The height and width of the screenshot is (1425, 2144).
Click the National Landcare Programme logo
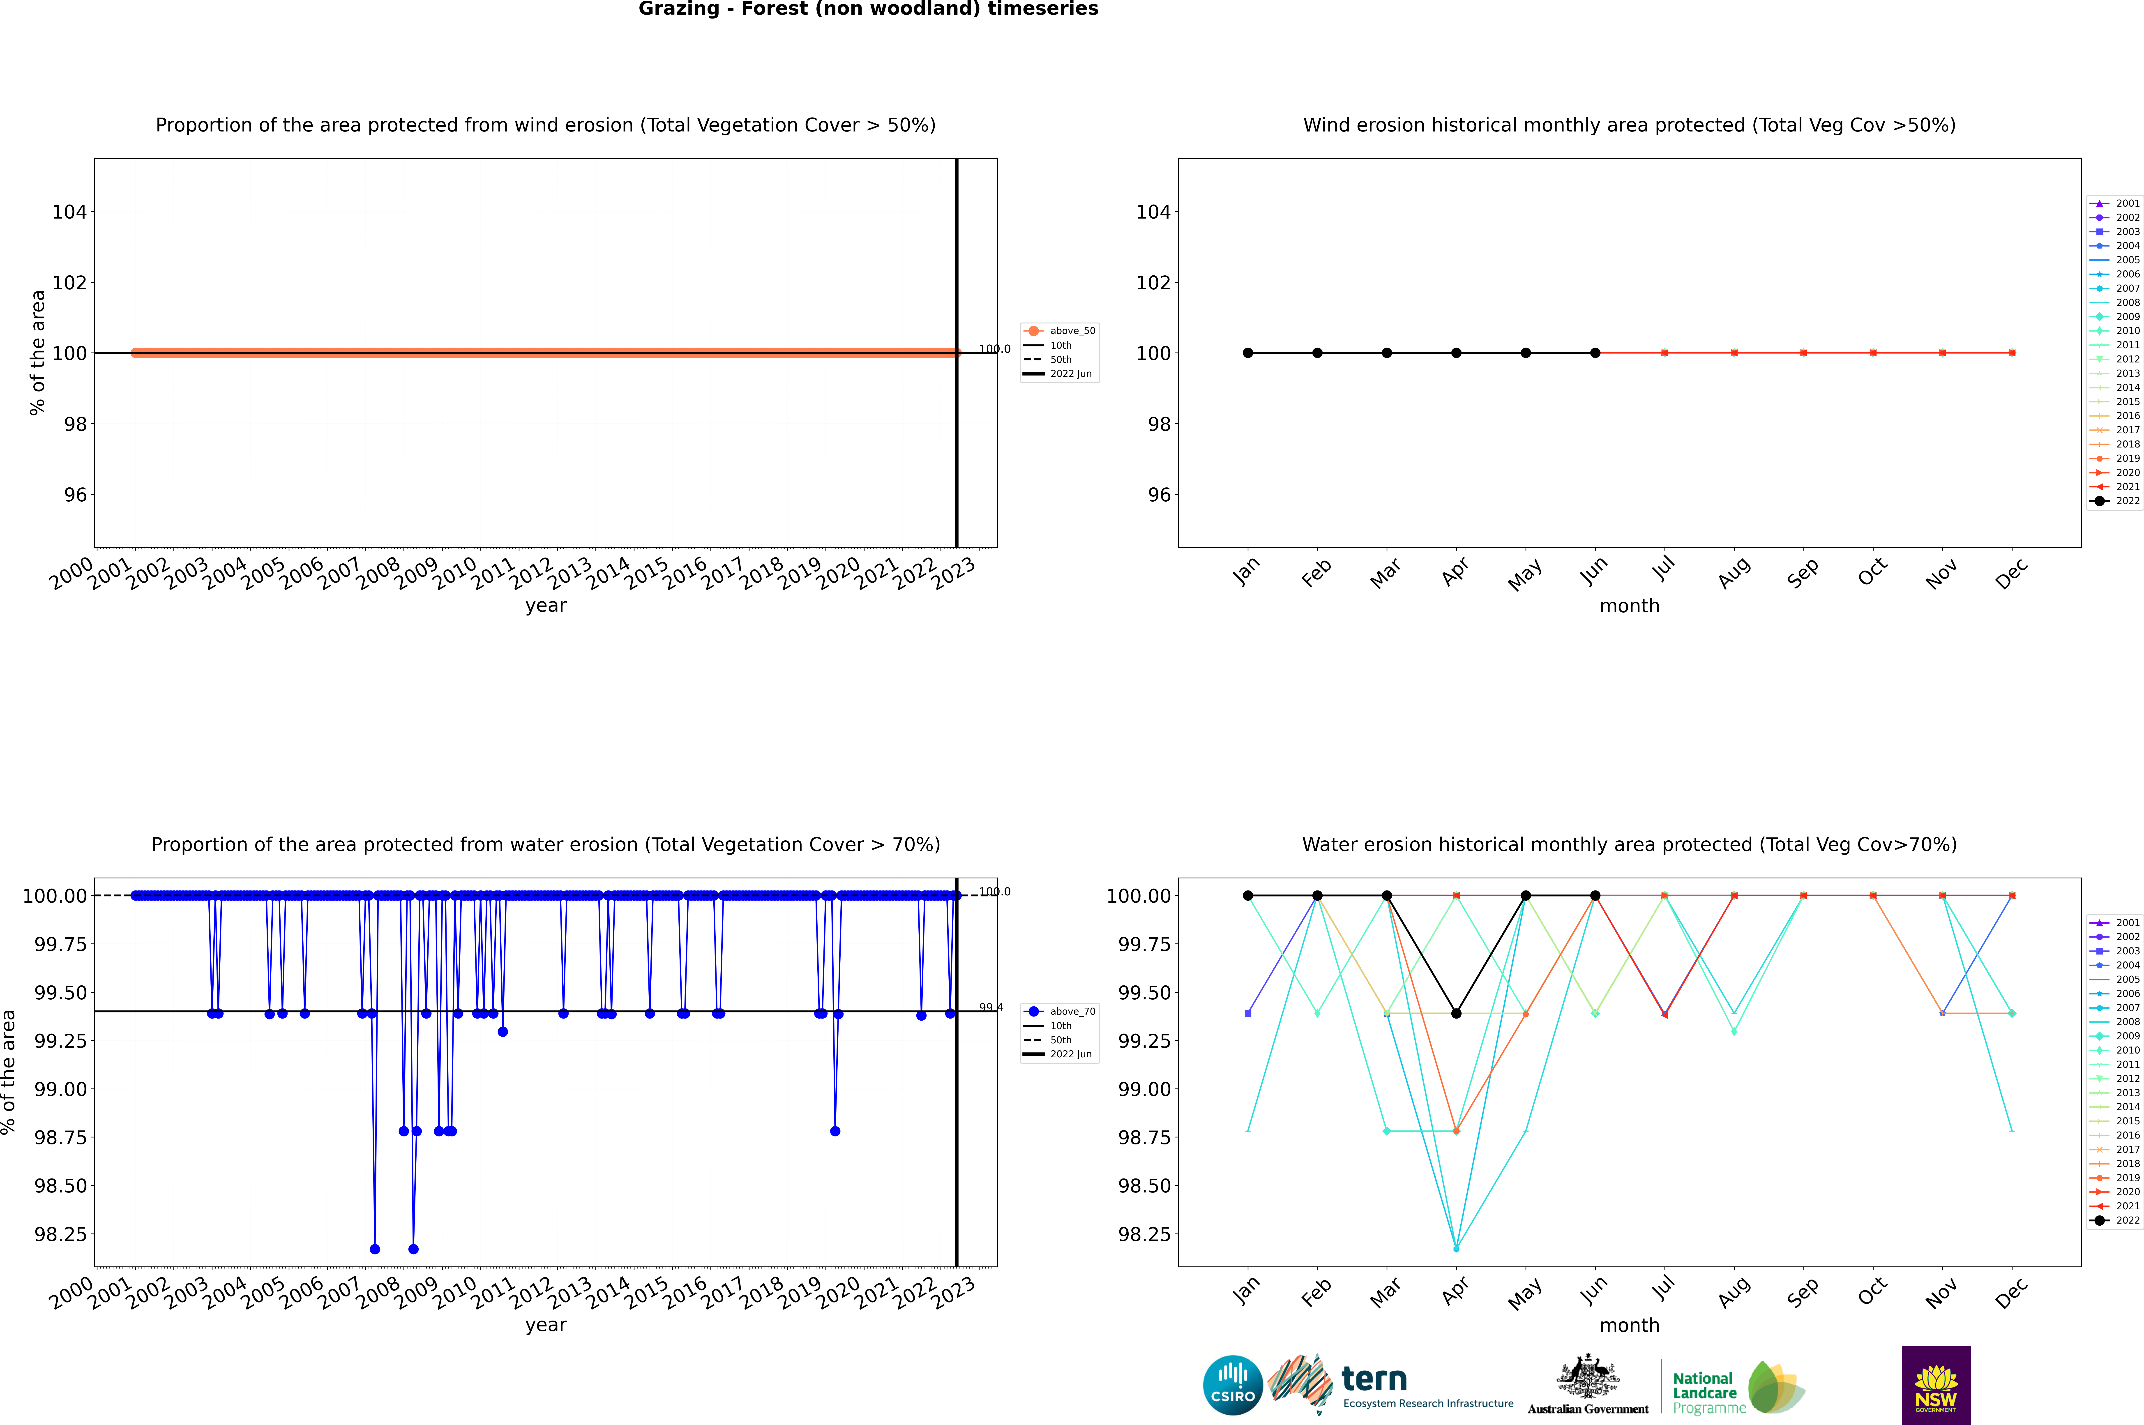point(1738,1388)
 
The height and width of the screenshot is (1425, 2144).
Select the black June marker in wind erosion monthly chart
point(1595,353)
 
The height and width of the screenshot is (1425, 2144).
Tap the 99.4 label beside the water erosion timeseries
point(991,1007)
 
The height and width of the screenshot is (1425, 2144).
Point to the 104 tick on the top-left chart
point(69,212)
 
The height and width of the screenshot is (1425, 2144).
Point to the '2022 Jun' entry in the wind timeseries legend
point(1070,374)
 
